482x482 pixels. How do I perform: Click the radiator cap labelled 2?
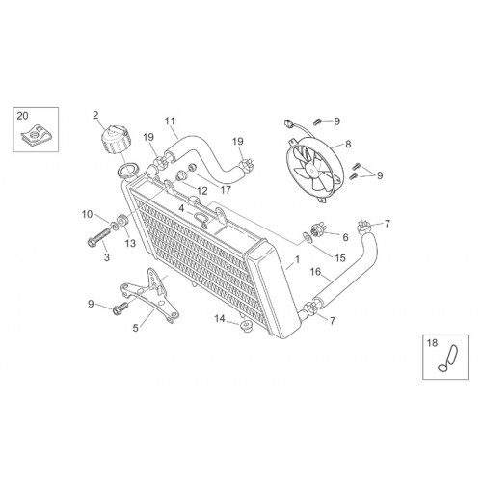(x=116, y=140)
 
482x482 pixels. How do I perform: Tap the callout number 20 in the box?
(x=22, y=116)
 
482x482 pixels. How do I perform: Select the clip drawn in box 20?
(x=36, y=136)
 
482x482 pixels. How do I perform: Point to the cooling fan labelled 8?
(x=314, y=169)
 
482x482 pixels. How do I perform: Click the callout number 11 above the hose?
(x=170, y=121)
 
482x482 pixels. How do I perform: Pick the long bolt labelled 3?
(x=98, y=236)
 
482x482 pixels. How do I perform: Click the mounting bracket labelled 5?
(x=150, y=294)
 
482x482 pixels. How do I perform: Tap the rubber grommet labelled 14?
(x=247, y=325)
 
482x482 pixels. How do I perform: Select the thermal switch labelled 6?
(x=317, y=229)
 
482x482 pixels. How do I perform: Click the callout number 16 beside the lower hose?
(x=315, y=272)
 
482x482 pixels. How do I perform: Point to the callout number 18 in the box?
(x=433, y=343)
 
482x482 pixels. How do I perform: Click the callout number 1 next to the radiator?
(x=298, y=259)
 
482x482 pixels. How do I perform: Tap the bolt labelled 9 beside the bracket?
(x=120, y=308)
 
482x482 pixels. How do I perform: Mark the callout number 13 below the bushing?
(x=130, y=243)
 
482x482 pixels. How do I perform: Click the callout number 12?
(x=202, y=191)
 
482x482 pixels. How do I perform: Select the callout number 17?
(x=226, y=190)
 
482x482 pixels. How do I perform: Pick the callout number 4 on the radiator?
(x=181, y=209)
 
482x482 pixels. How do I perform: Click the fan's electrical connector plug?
(x=288, y=122)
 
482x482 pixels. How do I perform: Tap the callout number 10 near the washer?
(x=87, y=214)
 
